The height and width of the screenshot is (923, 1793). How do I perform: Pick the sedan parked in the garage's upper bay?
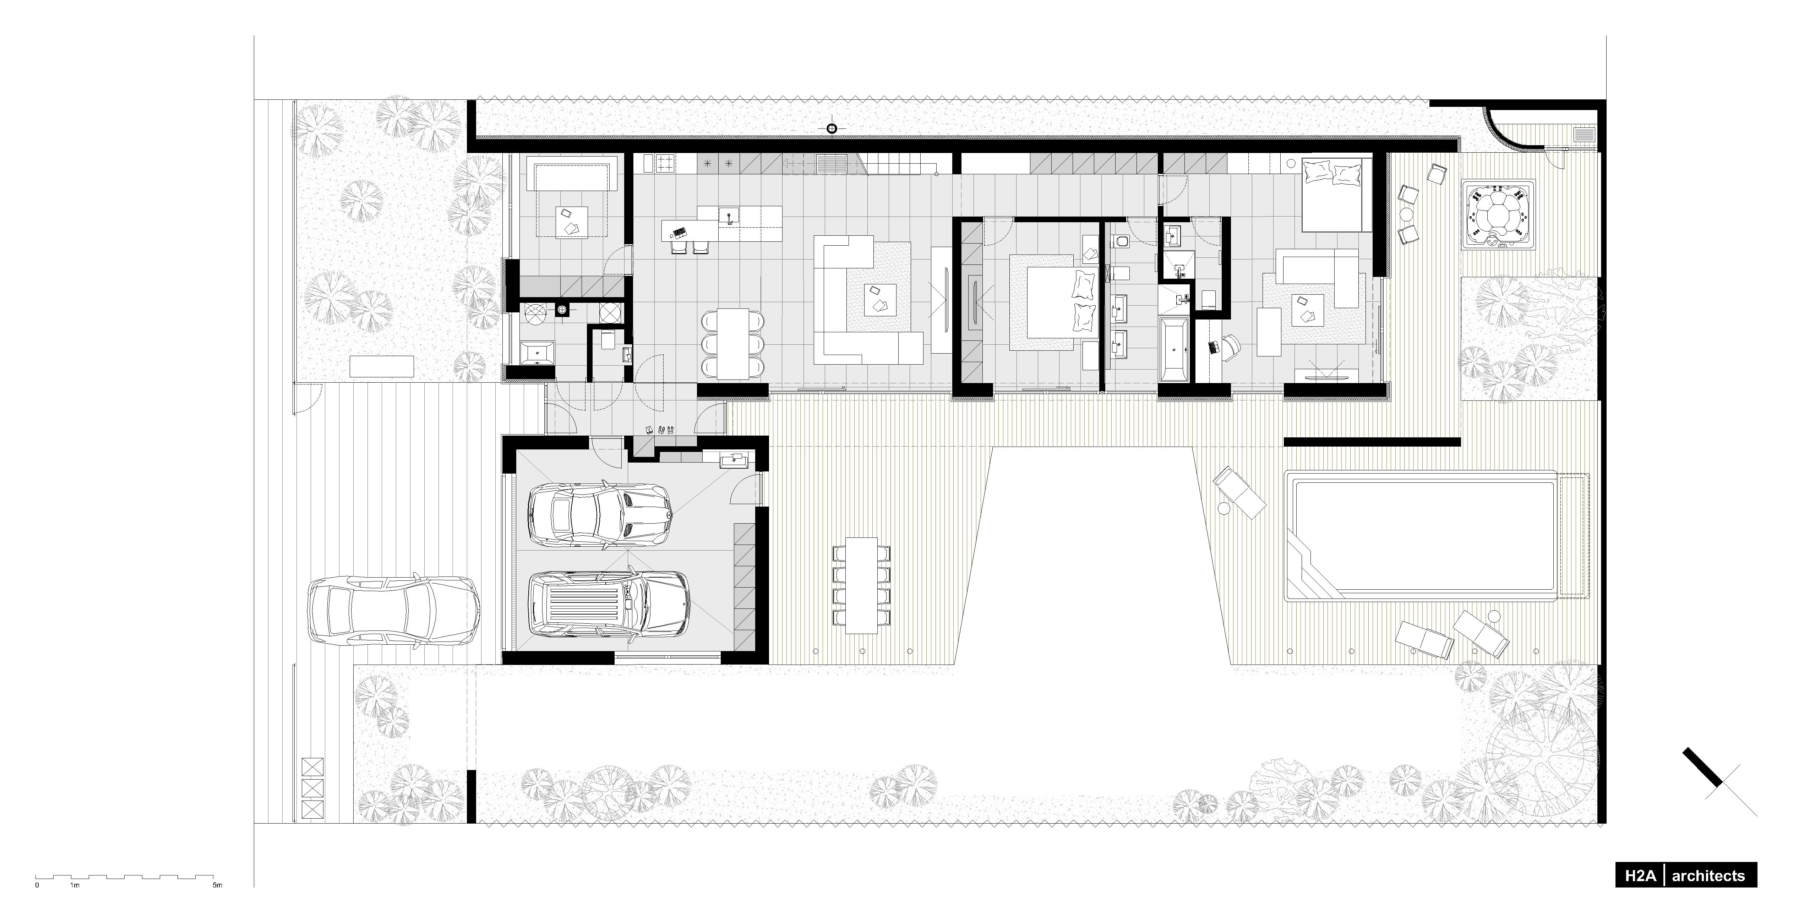600,514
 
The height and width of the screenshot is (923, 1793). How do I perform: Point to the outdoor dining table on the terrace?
862,585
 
